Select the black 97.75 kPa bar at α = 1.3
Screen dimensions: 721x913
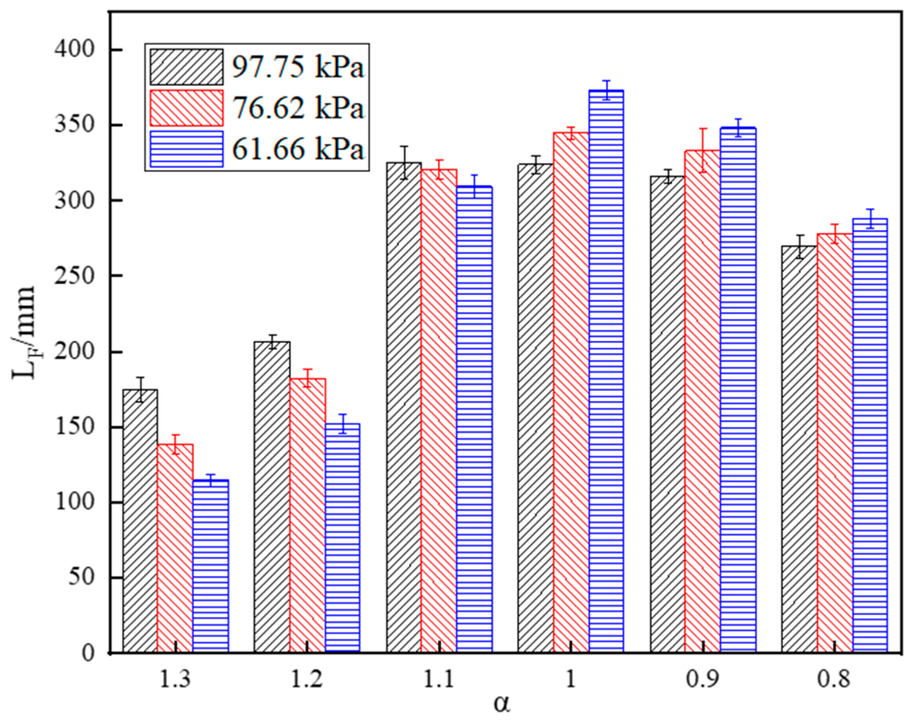coord(140,520)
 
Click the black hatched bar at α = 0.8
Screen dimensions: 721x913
coord(799,449)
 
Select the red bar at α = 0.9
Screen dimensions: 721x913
coord(702,401)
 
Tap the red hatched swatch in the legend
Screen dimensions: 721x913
coord(186,108)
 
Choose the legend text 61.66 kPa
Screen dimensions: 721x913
coord(298,149)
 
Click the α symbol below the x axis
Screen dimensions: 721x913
coord(501,705)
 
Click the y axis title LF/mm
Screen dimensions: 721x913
coord(24,332)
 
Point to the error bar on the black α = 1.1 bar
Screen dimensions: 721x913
coord(404,162)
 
